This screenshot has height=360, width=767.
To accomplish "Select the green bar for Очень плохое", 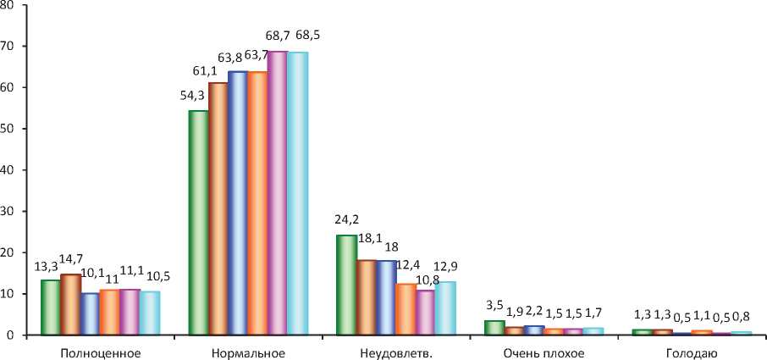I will [x=494, y=327].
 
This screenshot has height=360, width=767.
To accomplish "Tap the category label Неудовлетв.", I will [x=397, y=350].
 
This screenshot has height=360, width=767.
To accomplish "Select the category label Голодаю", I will [x=693, y=350].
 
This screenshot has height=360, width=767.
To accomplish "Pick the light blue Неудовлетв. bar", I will [x=445, y=307].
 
